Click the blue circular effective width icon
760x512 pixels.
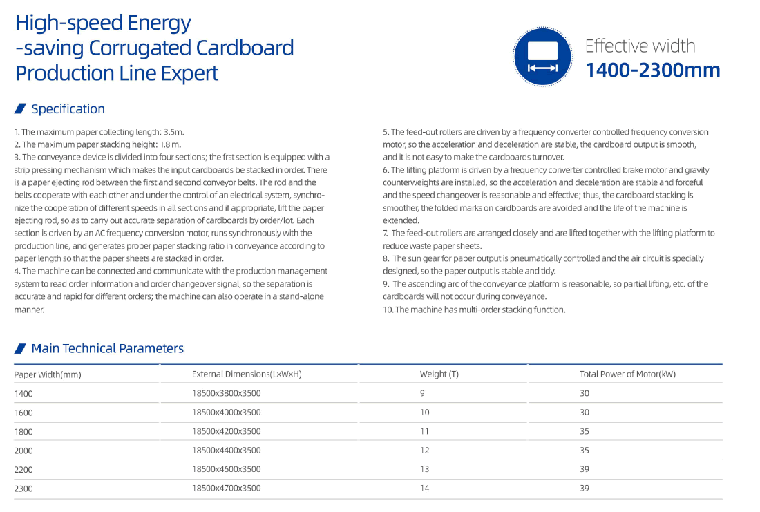542,57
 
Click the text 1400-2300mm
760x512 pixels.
652,70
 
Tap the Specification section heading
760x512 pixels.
68,109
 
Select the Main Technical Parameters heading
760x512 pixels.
108,348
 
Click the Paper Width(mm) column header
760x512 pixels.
48,374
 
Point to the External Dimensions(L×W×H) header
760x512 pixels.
247,374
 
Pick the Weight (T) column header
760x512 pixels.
439,374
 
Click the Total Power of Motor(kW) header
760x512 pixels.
627,374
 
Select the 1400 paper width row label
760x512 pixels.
23,393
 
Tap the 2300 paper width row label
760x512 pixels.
23,489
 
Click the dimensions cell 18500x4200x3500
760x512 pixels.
227,431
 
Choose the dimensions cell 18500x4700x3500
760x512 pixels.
227,488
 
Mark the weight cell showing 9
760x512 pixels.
422,392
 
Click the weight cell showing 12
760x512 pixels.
425,450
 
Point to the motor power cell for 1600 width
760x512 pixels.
585,412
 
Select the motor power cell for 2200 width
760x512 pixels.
585,469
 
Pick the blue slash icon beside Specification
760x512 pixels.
20,108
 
